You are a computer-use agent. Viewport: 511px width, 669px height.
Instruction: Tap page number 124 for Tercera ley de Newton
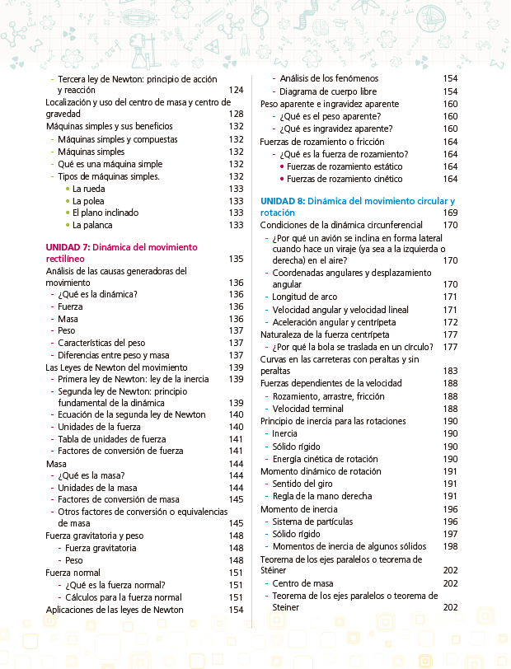[x=236, y=90]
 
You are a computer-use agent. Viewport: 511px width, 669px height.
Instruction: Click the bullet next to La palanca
[x=67, y=225]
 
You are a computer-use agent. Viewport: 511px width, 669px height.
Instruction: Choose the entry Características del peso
[x=102, y=343]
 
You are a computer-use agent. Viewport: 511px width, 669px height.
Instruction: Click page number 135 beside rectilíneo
[x=236, y=259]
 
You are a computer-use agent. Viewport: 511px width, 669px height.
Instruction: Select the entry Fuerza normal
[x=73, y=573]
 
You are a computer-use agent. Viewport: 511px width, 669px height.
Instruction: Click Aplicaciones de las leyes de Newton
[x=115, y=610]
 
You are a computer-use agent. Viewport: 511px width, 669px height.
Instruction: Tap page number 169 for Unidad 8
[x=450, y=213]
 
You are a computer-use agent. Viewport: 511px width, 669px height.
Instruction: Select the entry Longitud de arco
[x=306, y=297]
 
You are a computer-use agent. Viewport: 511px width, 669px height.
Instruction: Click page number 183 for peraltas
[x=450, y=372]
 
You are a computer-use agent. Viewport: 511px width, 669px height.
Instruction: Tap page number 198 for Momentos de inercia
[x=450, y=545]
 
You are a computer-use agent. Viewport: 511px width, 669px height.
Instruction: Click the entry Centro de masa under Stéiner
[x=302, y=582]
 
